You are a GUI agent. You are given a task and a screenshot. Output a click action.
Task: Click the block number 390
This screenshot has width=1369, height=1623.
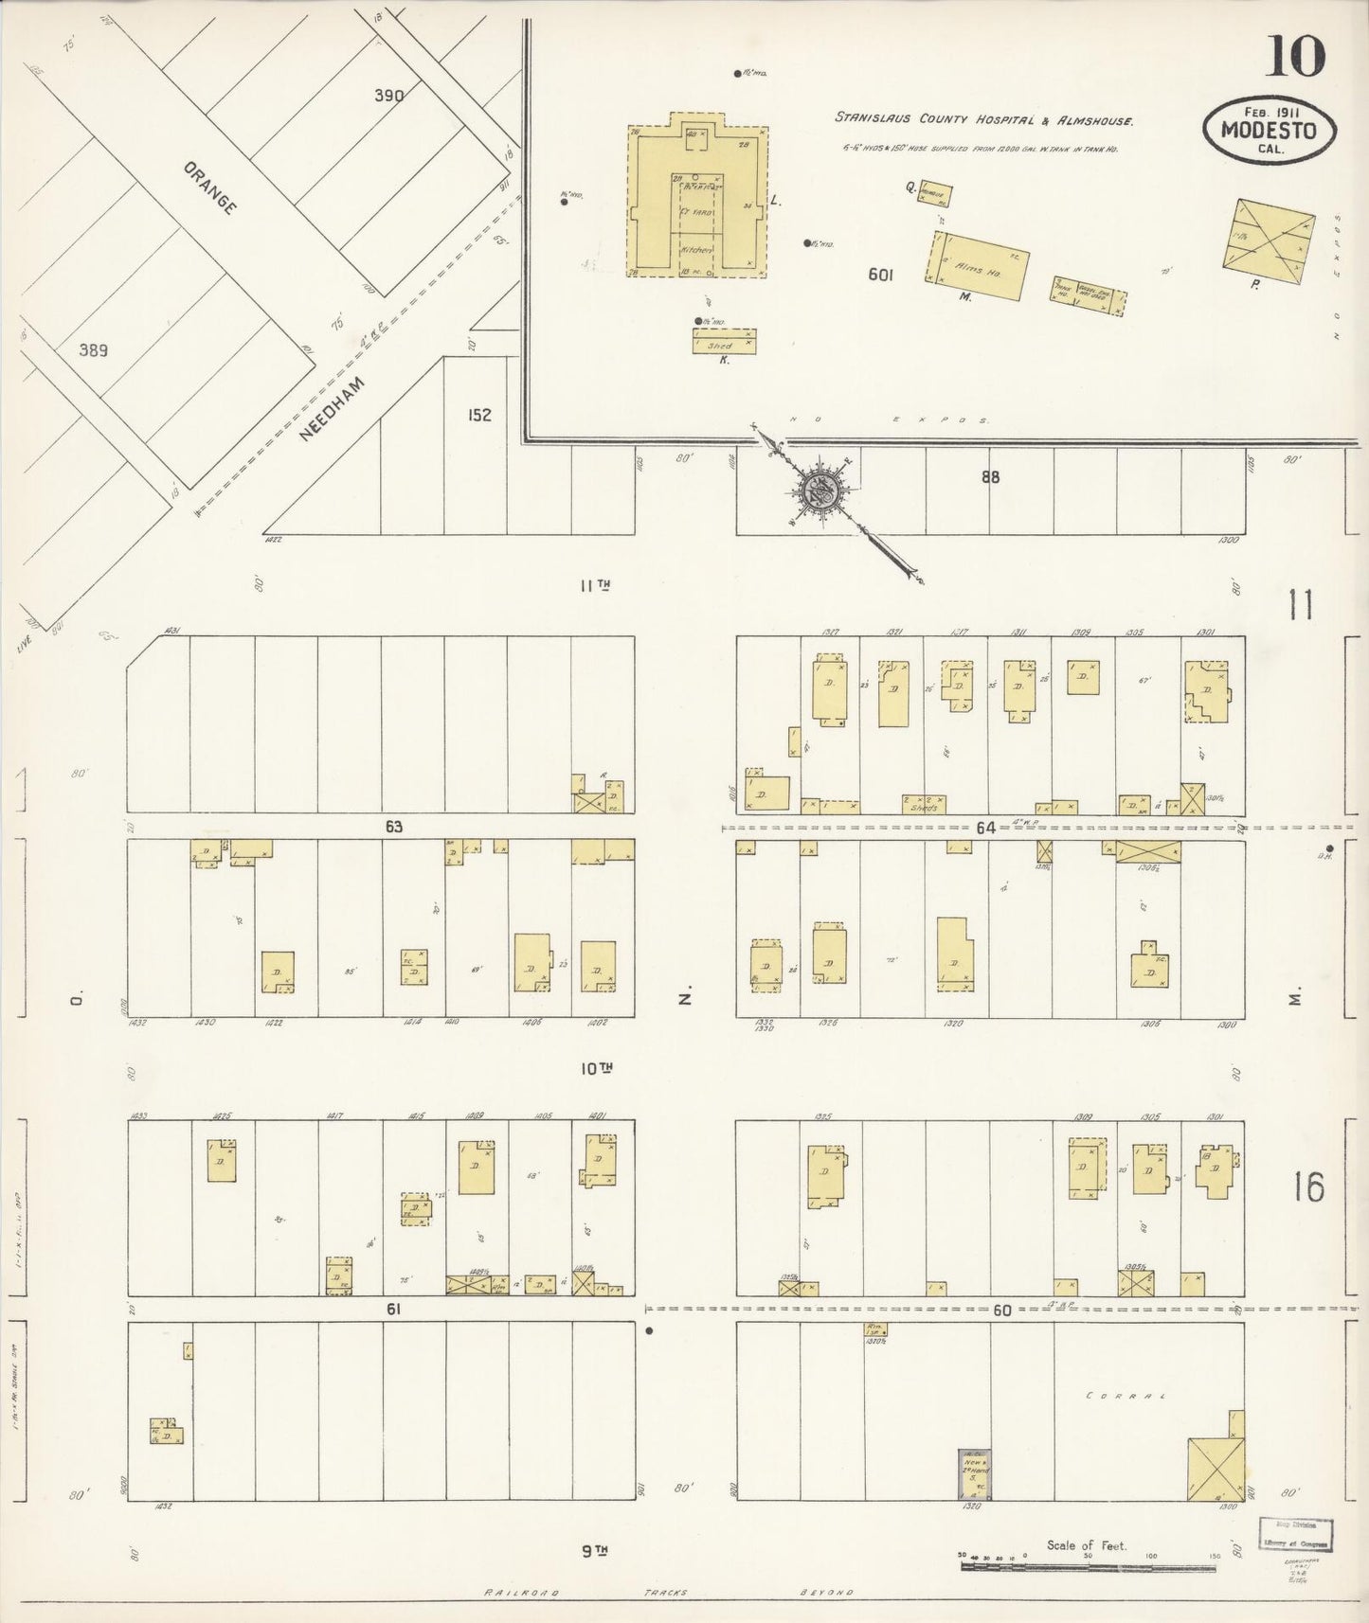[388, 96]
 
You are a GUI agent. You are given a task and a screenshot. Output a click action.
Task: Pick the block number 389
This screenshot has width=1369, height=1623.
[93, 350]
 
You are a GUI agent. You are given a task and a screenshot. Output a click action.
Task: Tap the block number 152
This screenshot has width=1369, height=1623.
[479, 415]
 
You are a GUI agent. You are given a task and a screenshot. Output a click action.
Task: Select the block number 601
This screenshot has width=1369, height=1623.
[880, 276]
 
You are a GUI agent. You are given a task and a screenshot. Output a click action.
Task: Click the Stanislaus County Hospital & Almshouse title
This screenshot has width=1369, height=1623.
[984, 119]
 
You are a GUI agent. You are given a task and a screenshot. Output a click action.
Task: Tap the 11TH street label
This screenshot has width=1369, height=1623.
[594, 586]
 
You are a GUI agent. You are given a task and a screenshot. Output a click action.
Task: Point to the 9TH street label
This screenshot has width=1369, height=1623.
[594, 1550]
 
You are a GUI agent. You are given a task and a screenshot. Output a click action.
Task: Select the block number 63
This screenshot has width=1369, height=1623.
[394, 827]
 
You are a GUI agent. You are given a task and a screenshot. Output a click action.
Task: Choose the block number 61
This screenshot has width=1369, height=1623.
[394, 1310]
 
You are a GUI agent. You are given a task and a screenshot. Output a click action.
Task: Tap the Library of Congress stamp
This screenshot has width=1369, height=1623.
[1295, 1533]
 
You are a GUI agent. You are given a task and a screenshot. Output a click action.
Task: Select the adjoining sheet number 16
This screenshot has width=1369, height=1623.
[1308, 1186]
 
